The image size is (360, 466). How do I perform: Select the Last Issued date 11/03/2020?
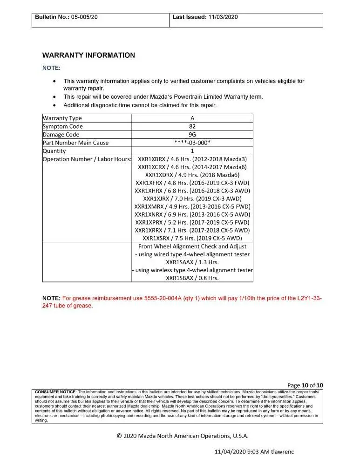(223, 17)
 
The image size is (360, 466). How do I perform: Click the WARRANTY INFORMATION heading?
(88, 55)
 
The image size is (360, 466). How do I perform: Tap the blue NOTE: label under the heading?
(51, 68)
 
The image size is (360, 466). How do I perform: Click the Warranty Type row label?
(62, 118)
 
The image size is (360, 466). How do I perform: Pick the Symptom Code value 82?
(192, 126)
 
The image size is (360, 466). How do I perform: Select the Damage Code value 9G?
(192, 135)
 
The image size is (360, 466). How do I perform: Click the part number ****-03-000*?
(192, 143)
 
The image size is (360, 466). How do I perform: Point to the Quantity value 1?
(192, 151)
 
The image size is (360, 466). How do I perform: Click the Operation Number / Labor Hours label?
(87, 159)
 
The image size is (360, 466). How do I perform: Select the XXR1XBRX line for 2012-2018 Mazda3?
(192, 159)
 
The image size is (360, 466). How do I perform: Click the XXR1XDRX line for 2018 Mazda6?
(192, 175)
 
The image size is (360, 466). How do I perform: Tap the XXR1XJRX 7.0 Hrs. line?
(192, 199)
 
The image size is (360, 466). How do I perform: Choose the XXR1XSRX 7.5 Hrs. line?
(192, 238)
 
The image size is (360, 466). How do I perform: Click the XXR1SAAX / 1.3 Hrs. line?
(192, 262)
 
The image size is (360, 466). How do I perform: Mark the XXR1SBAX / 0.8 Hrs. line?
(192, 278)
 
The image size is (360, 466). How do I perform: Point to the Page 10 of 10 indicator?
(305, 385)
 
